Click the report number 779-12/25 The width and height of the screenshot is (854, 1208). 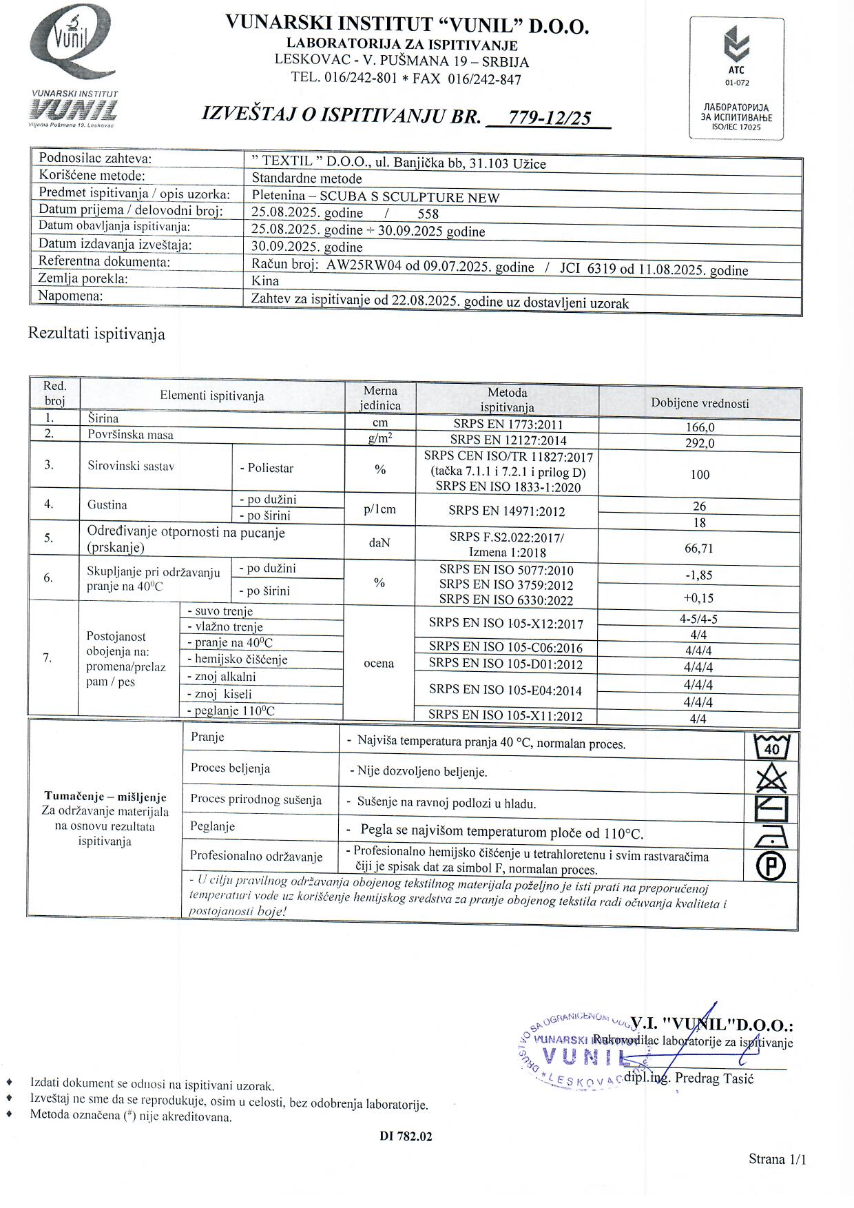(549, 118)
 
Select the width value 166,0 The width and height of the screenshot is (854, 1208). (700, 427)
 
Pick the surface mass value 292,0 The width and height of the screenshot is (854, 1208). (700, 443)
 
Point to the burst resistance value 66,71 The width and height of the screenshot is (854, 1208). (700, 548)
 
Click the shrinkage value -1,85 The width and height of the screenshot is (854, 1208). (700, 575)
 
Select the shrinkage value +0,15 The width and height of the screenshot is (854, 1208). (700, 597)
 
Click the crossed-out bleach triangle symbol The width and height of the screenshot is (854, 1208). (771, 779)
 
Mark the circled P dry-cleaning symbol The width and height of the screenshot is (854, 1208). (771, 866)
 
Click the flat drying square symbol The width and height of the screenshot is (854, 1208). (771, 808)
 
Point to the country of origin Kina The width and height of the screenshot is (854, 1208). (265, 281)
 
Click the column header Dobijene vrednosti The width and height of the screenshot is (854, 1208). (700, 403)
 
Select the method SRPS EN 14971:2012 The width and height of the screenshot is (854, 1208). (506, 511)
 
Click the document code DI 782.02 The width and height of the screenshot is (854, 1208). (406, 1136)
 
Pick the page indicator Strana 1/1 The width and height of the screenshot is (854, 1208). (777, 1159)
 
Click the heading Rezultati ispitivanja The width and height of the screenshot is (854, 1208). (96, 334)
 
